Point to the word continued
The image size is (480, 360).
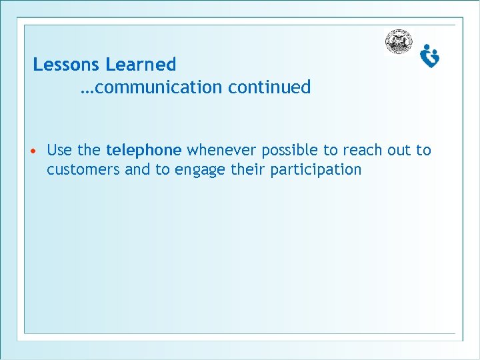coord(269,87)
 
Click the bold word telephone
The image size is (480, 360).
coord(143,150)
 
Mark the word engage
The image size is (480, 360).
coord(200,170)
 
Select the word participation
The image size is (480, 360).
coord(315,170)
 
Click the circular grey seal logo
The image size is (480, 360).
coord(399,42)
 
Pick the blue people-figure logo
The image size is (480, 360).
coord(430,56)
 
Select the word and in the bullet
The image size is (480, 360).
coord(137,169)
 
